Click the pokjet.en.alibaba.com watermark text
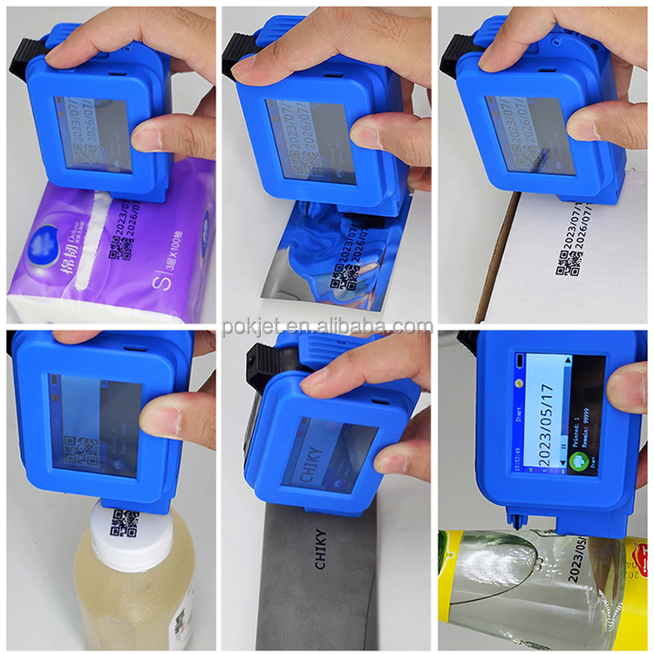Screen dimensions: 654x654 (327, 326)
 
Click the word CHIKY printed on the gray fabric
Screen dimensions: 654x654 (320, 548)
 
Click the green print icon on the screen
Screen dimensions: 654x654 (577, 460)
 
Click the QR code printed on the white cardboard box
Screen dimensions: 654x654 (569, 262)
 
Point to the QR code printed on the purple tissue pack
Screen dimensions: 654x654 (119, 251)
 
